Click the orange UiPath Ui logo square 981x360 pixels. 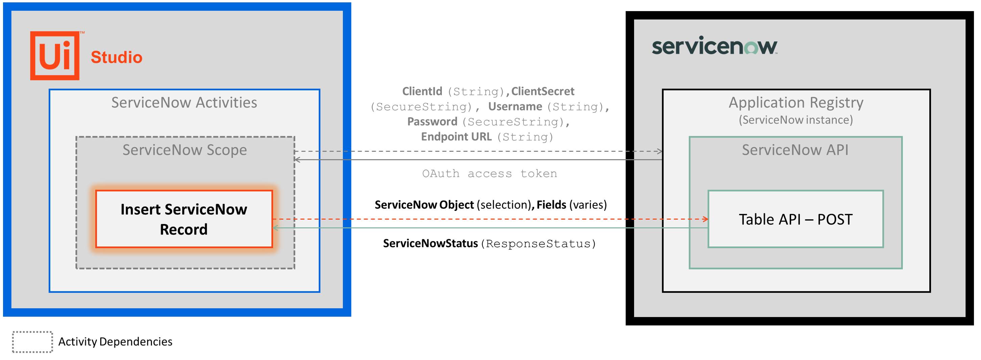point(55,56)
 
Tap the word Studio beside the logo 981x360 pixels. point(117,57)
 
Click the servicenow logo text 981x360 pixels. point(714,46)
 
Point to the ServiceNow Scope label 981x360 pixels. point(185,150)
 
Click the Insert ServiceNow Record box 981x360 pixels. point(184,219)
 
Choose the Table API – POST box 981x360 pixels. point(795,219)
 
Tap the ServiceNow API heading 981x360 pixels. point(795,150)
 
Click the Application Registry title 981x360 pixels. point(796,102)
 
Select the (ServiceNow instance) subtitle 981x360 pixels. point(796,120)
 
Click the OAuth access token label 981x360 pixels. point(490,174)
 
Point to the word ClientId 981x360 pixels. point(422,91)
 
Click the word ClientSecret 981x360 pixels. point(543,91)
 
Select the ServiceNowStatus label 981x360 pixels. point(430,243)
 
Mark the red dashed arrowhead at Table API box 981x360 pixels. point(706,219)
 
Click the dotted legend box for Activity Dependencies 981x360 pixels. point(32,342)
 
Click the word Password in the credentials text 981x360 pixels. point(432,122)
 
